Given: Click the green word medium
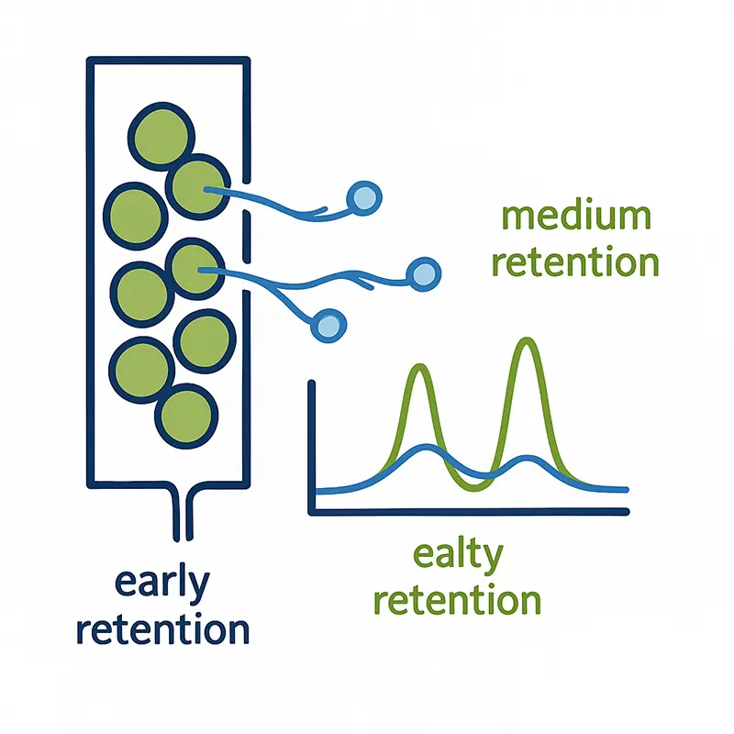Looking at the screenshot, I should coord(576,217).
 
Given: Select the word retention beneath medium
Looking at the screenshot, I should coord(576,262).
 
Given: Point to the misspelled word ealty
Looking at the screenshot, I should coord(459,555).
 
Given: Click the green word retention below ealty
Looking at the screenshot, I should coord(459,600).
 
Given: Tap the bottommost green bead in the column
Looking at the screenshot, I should coord(186,414).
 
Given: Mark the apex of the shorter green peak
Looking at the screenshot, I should coord(421,367).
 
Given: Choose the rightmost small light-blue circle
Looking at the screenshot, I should coord(423,272).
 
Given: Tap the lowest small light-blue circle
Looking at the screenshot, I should coord(326,323).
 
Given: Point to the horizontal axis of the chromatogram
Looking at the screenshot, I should coord(468,510).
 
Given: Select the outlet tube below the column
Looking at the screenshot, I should coord(181,514).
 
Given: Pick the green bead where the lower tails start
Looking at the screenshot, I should coord(195,268).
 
